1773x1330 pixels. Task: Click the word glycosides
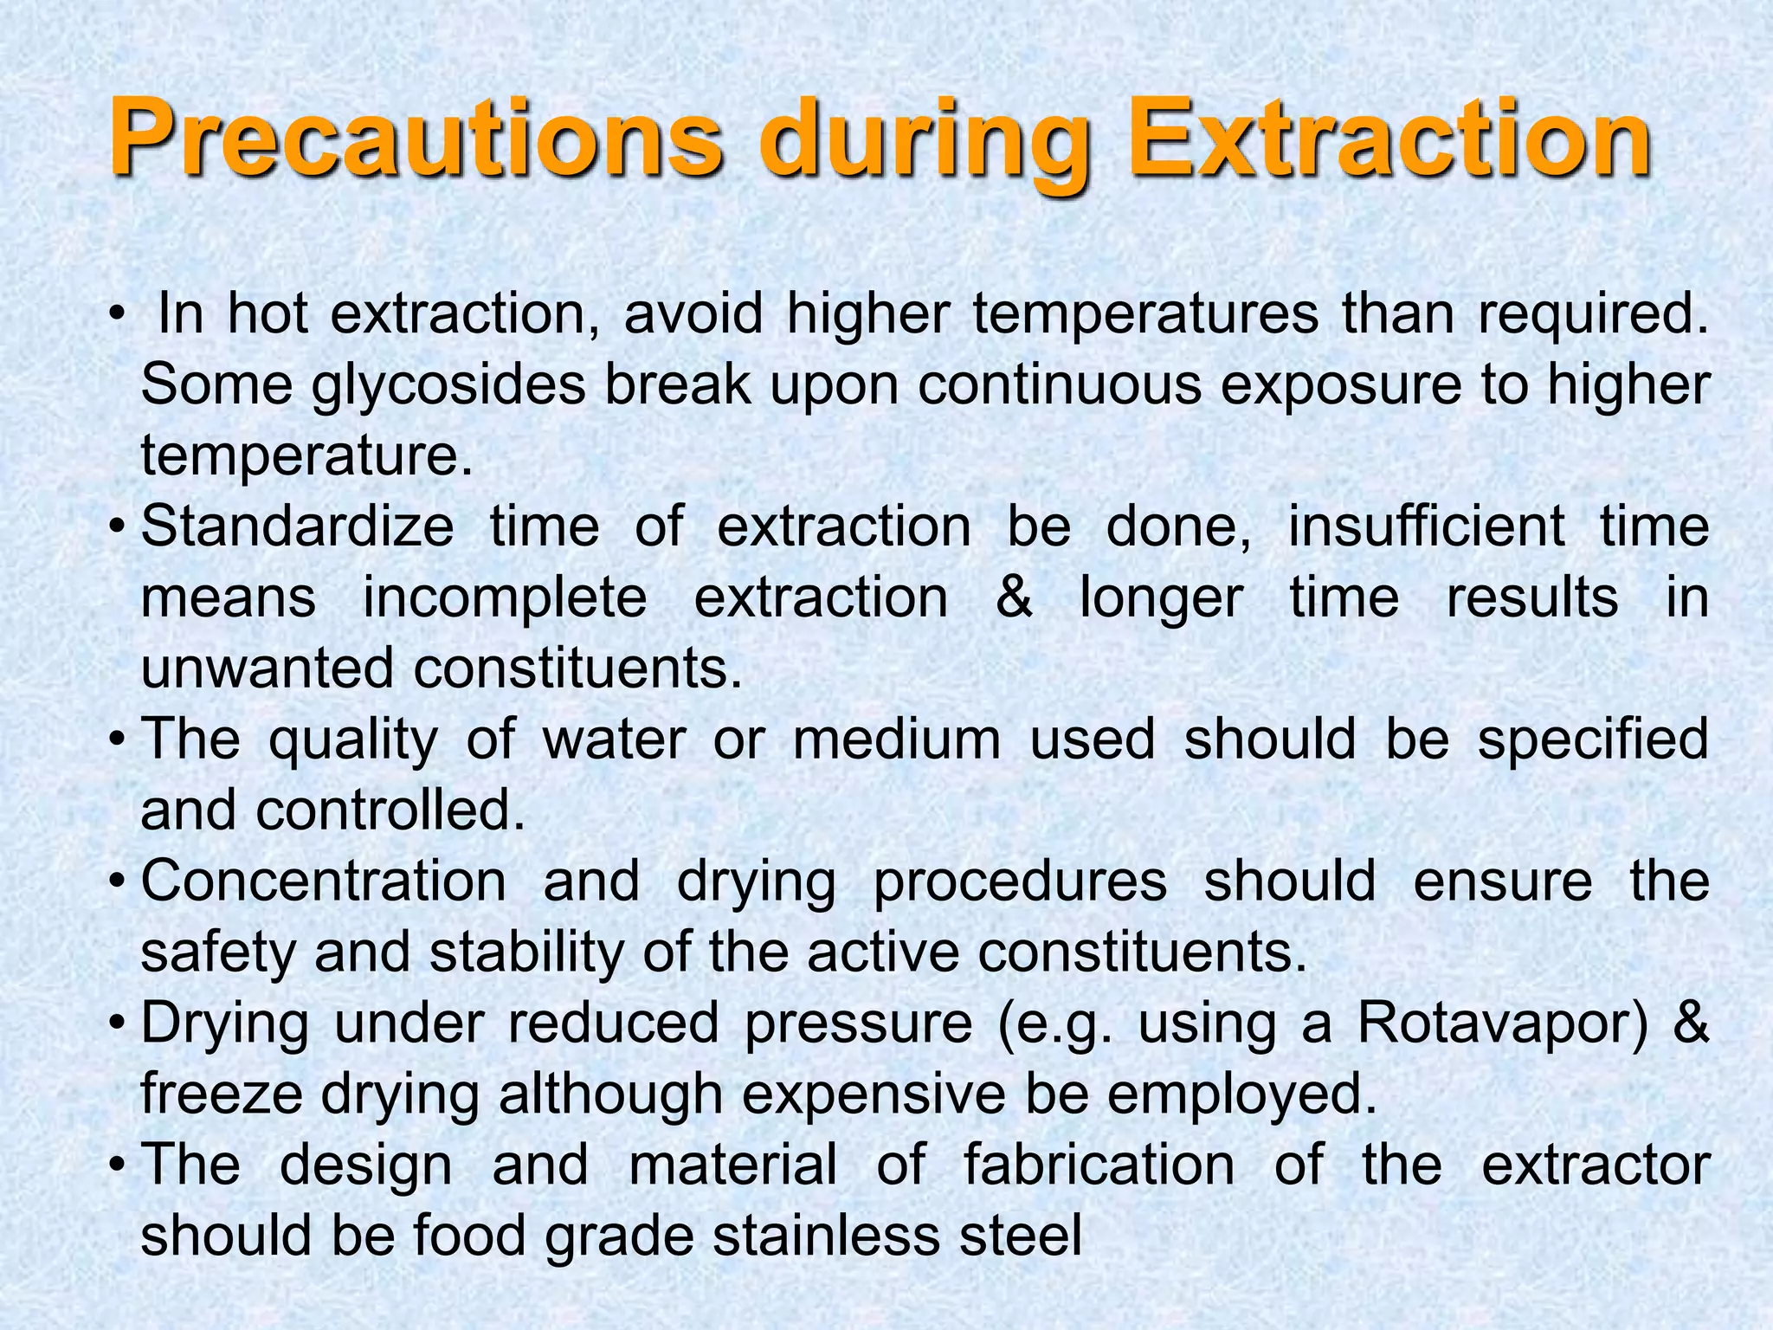[449, 385]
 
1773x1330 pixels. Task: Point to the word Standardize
[297, 526]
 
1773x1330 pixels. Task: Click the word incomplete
[505, 597]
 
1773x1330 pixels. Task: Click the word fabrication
[1099, 1165]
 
